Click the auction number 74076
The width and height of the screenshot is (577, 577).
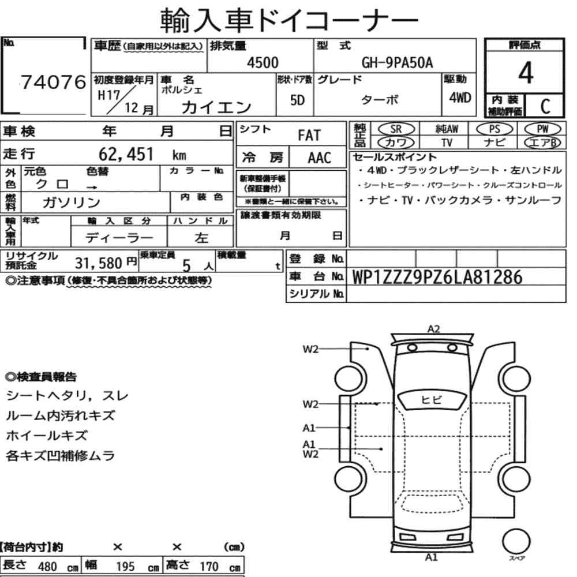click(x=53, y=82)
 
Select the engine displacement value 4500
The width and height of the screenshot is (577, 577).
click(x=263, y=62)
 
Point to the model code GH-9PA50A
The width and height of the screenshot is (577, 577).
click(x=397, y=63)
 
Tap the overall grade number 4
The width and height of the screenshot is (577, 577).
click(x=526, y=73)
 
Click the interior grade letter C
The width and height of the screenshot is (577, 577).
click(x=545, y=106)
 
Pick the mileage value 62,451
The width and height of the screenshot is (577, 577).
click(x=126, y=154)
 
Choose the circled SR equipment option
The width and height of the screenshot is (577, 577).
click(x=396, y=129)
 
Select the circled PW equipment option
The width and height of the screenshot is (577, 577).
click(x=542, y=129)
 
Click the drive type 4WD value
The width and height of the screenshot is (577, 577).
click(x=460, y=98)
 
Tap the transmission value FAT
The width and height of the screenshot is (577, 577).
click(x=309, y=136)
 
